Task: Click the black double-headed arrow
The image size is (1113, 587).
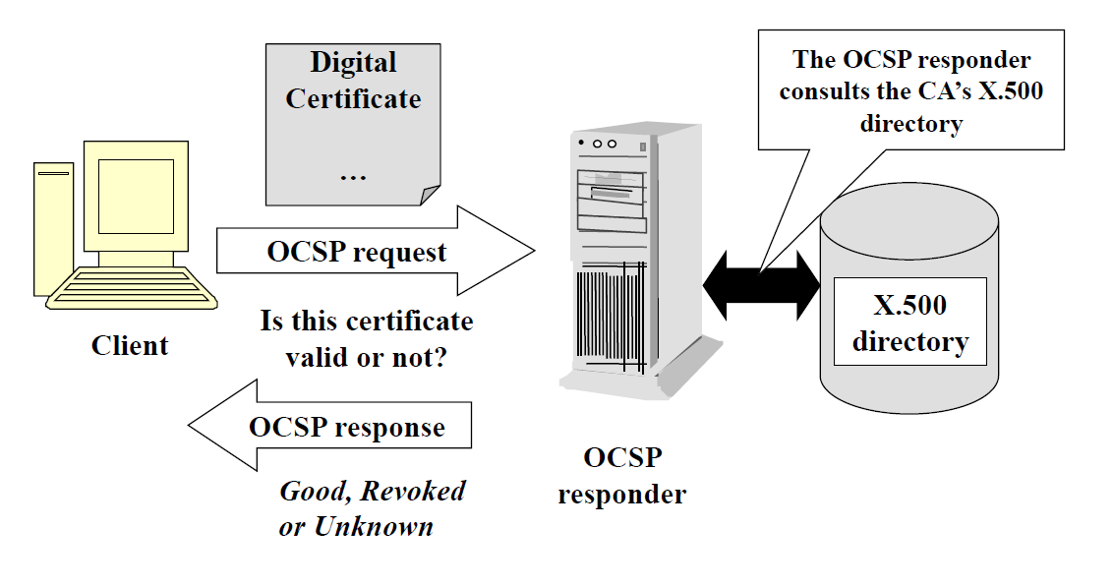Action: (762, 285)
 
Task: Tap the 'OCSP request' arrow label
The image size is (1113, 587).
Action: (357, 253)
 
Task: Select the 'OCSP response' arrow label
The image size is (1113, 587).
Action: (346, 429)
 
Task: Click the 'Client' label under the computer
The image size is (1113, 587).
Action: (130, 346)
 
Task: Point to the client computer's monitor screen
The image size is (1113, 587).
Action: (135, 196)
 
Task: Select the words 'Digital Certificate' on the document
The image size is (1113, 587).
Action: (353, 81)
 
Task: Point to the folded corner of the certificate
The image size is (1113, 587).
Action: (429, 195)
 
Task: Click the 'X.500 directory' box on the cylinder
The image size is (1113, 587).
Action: (909, 323)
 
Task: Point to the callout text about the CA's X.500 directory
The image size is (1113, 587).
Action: (910, 91)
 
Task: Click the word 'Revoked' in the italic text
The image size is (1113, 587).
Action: (412, 491)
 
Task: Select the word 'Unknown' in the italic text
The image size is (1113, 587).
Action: (374, 527)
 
